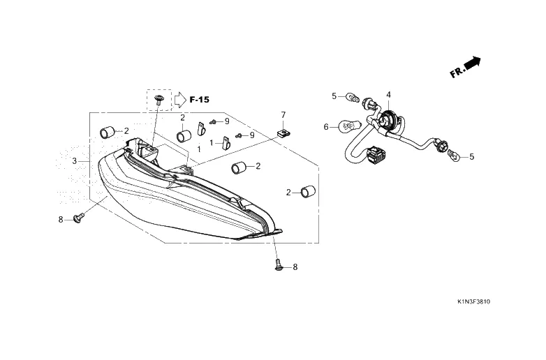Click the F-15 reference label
click(199, 100)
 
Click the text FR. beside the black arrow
click(457, 72)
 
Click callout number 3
click(74, 161)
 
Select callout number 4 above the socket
click(388, 94)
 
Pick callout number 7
click(283, 114)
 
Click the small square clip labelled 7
click(283, 131)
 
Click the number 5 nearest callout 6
click(334, 96)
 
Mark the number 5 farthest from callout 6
click(471, 157)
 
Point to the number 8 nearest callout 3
click(61, 219)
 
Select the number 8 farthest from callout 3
click(295, 267)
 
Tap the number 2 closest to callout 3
click(126, 130)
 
